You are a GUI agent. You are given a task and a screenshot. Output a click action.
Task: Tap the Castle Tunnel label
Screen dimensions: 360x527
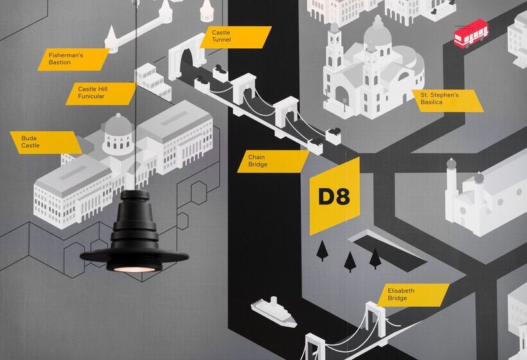click(238, 37)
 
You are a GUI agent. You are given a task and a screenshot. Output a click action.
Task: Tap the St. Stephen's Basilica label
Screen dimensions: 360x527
click(447, 100)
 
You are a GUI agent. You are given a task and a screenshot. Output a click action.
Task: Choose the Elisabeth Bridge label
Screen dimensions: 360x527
click(416, 295)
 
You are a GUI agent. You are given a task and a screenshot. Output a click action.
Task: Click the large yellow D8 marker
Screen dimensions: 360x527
click(334, 196)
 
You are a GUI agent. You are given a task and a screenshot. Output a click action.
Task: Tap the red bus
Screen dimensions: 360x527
click(470, 33)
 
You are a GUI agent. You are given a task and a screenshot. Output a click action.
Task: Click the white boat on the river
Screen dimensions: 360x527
click(273, 311)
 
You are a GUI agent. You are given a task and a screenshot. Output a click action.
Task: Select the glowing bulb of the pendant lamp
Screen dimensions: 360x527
click(134, 268)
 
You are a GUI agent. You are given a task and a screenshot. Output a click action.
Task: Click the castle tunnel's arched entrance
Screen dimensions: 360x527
click(187, 62)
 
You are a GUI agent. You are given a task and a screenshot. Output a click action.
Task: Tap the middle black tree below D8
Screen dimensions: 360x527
click(350, 260)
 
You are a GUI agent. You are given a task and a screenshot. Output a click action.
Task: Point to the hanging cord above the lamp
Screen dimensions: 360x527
click(136, 96)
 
